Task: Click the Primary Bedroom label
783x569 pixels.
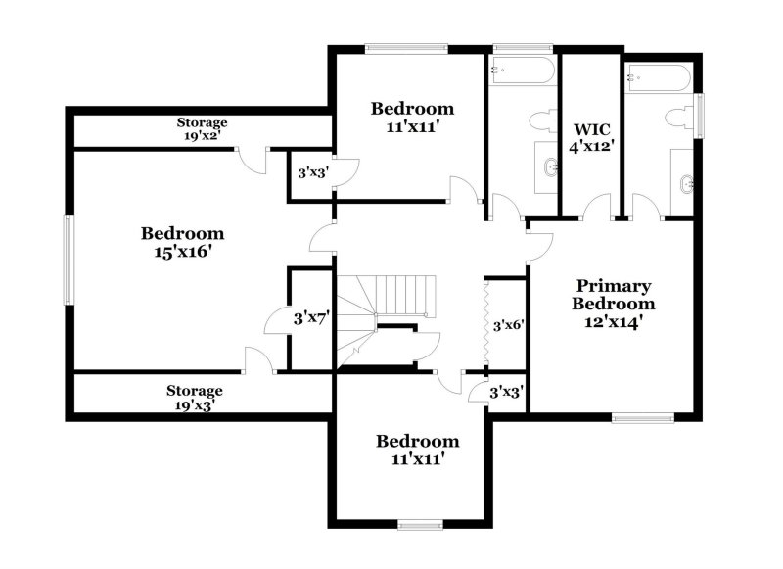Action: click(613, 303)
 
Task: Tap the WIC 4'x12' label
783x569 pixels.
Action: click(590, 137)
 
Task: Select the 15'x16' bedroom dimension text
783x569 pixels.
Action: click(182, 251)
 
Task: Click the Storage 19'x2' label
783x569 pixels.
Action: click(202, 129)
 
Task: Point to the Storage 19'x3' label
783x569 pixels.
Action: click(194, 398)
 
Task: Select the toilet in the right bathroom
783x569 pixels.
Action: click(676, 119)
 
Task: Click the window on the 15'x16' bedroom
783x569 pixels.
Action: click(69, 260)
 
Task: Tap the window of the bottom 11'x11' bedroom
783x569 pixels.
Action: click(421, 524)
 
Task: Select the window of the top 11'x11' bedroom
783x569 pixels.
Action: click(406, 48)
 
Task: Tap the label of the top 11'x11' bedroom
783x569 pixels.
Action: click(413, 117)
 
